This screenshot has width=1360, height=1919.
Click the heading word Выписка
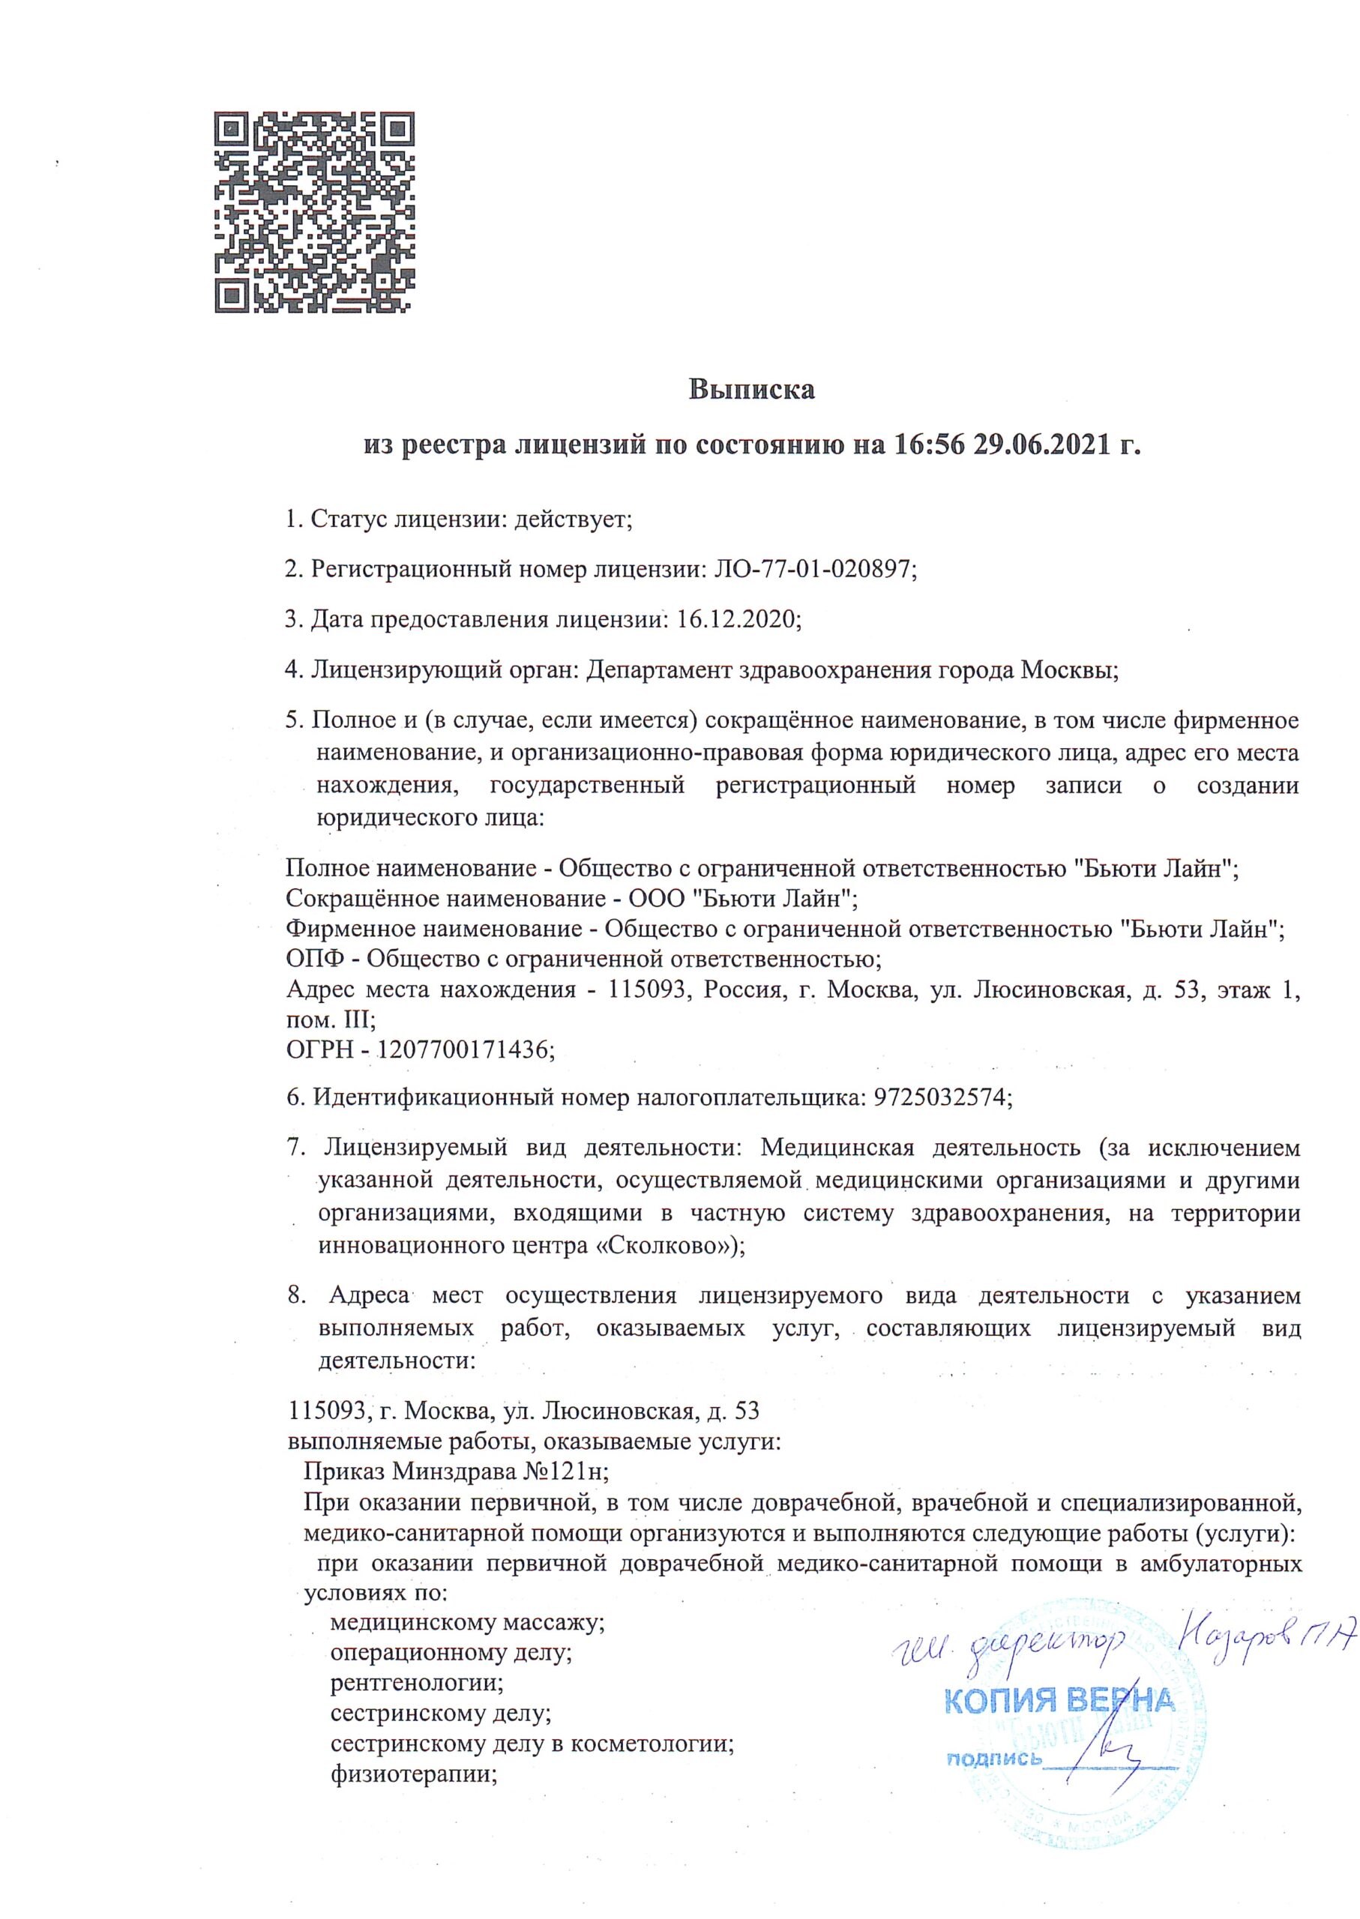(751, 390)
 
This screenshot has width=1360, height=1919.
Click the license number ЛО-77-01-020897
(812, 570)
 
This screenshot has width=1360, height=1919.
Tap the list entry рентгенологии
(417, 1682)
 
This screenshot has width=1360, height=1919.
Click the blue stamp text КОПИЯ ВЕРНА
(1060, 1700)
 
